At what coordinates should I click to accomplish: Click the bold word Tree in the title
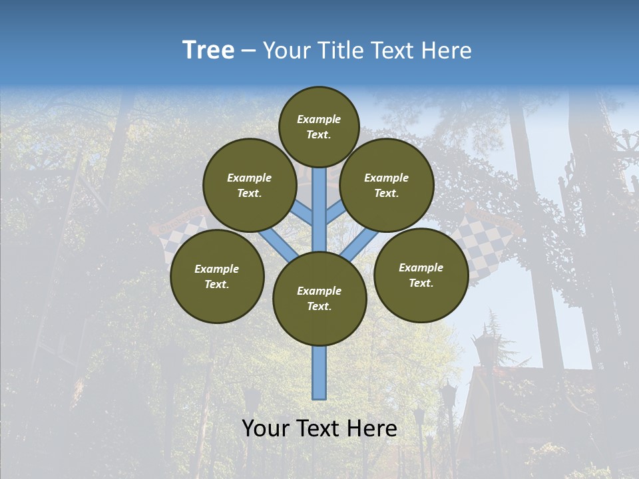(x=208, y=51)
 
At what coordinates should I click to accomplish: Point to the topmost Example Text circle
(x=319, y=126)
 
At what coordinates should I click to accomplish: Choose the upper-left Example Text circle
(x=250, y=185)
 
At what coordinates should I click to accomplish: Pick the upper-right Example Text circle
(x=387, y=185)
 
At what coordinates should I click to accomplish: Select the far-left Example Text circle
(x=217, y=276)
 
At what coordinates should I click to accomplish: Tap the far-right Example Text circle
(x=421, y=275)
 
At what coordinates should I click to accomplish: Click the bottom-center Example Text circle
(x=319, y=299)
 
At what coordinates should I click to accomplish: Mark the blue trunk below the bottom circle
(x=319, y=373)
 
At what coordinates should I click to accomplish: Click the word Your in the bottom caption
(x=266, y=429)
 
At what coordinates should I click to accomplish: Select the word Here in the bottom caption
(x=373, y=429)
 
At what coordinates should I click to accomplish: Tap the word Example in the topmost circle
(x=319, y=119)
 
